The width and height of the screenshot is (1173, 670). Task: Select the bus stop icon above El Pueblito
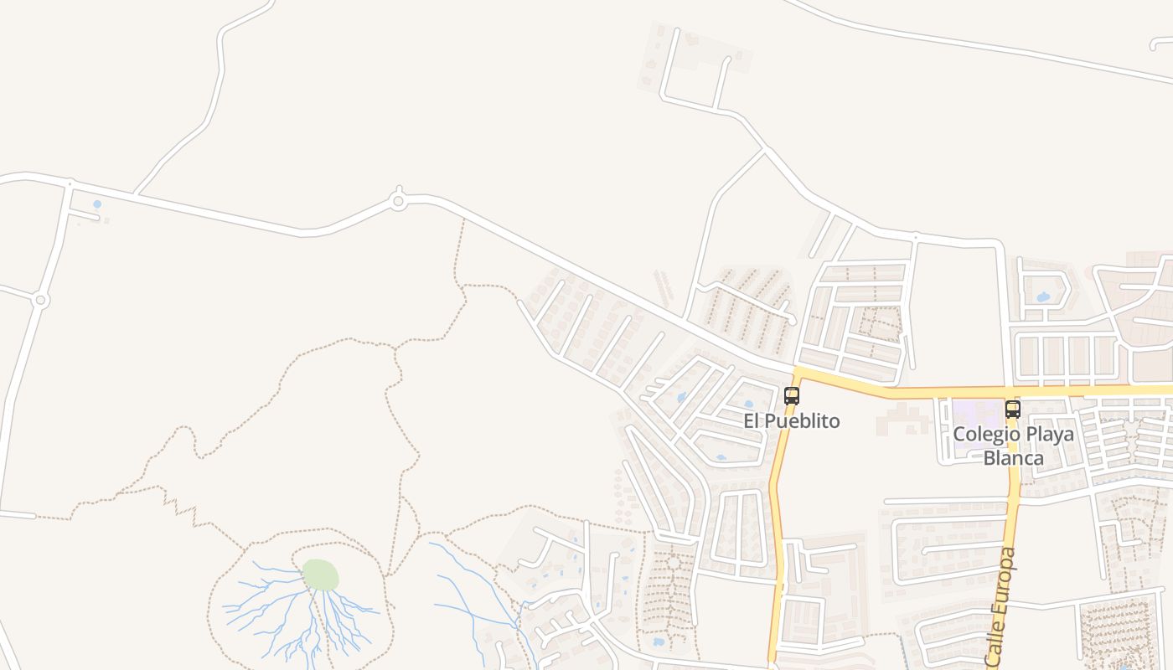point(791,396)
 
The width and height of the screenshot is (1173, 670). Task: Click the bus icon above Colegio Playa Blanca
point(1013,410)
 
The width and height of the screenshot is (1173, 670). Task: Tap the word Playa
point(1046,435)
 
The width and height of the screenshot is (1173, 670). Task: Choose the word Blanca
point(1014,458)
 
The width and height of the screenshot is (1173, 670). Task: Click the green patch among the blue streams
point(320,575)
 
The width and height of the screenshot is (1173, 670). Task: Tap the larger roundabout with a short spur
point(398,201)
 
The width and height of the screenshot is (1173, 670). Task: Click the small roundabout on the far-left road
point(39,300)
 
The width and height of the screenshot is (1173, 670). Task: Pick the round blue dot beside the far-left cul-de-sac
point(97,204)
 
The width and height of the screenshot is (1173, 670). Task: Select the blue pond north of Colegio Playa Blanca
point(1043,296)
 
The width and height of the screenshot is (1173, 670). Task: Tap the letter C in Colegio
point(959,435)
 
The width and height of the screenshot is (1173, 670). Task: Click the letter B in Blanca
point(990,458)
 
